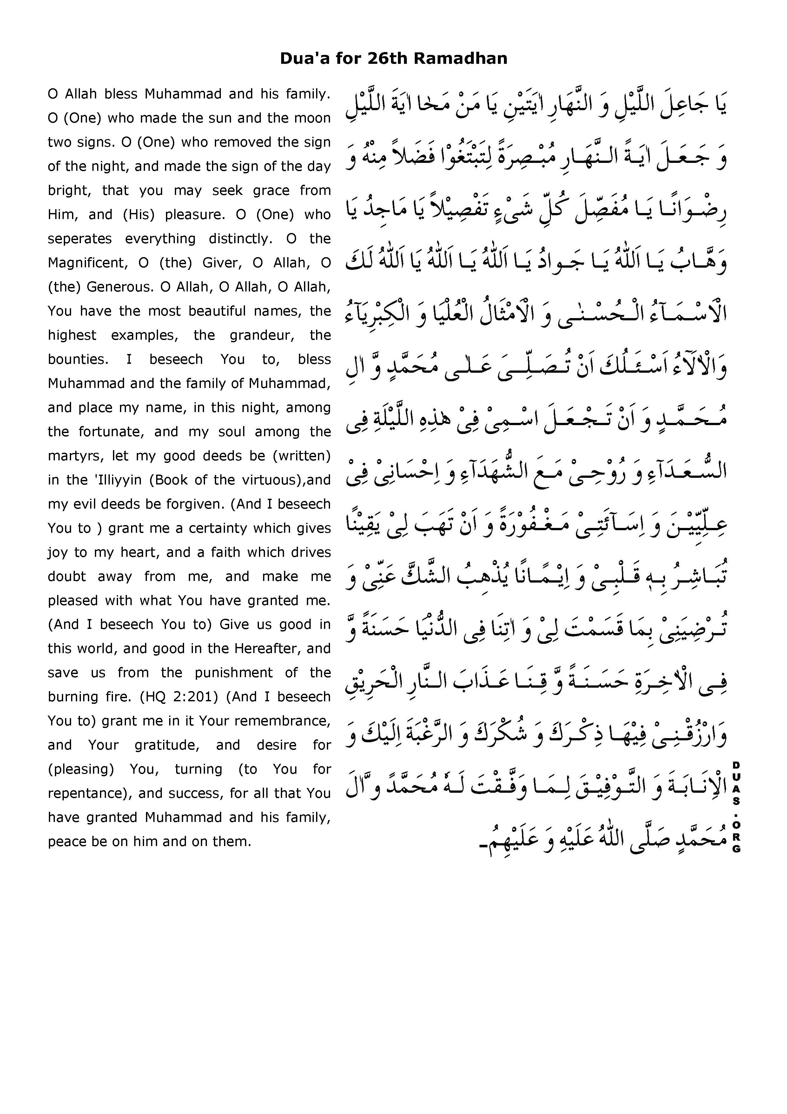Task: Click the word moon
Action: (315, 118)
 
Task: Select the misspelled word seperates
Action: (80, 239)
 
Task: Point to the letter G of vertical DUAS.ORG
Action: (736, 849)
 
